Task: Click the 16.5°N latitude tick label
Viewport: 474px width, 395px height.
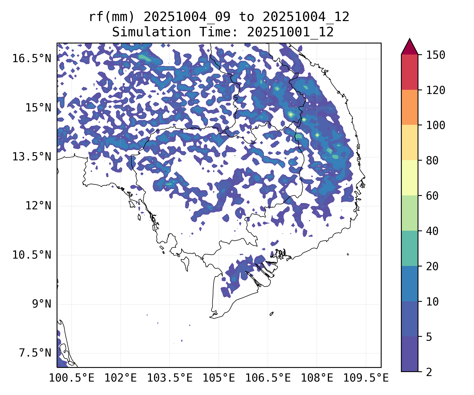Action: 32,58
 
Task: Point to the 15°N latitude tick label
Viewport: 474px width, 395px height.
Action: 38,108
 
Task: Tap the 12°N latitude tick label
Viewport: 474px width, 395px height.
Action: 38,206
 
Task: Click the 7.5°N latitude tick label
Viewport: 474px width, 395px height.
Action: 35,353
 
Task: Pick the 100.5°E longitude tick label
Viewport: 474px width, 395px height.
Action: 72,378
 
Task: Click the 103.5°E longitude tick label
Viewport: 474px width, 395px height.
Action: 170,378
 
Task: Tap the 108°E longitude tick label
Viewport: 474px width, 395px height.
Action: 317,378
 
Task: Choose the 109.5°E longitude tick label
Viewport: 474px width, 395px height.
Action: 366,378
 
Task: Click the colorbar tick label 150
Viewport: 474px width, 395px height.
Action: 436,55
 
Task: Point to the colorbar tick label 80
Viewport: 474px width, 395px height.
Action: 432,161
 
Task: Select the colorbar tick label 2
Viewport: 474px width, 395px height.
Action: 429,372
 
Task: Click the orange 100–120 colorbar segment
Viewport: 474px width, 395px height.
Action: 409,107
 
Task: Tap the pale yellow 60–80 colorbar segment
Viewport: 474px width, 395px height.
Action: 409,177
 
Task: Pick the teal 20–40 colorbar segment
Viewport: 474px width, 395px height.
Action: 409,248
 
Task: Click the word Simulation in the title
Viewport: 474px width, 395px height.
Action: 151,32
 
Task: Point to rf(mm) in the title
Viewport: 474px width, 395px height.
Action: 111,17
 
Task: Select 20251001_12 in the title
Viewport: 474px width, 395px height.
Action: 290,32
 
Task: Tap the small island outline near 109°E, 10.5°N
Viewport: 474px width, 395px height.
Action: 348,254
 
